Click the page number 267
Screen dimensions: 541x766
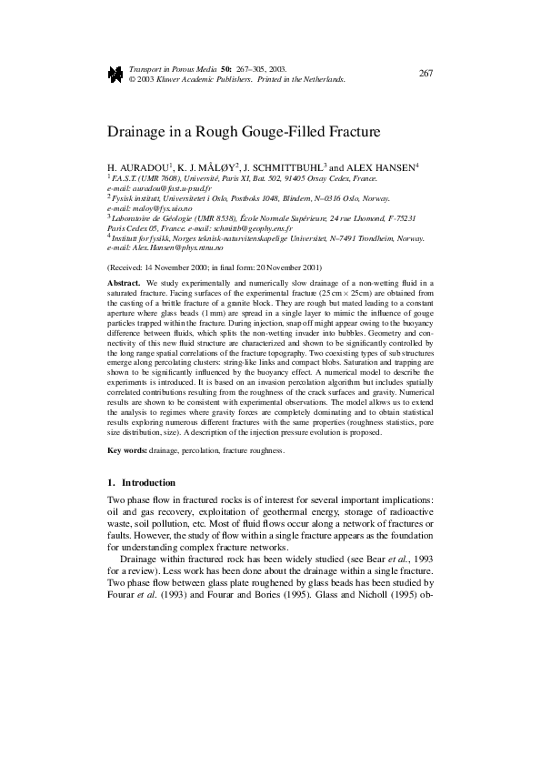(x=426, y=73)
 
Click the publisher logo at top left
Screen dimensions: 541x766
(x=115, y=74)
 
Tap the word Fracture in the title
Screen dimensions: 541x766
(x=353, y=132)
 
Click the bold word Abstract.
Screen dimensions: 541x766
(x=125, y=285)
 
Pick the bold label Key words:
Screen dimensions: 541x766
(x=128, y=451)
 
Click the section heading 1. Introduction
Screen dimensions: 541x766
(x=141, y=482)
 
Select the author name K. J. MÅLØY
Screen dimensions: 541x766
(x=211, y=168)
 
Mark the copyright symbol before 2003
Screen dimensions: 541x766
(x=134, y=79)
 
